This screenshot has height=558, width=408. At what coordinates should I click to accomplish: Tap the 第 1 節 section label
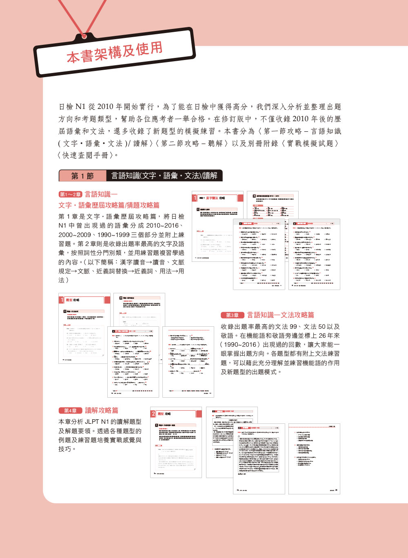82,176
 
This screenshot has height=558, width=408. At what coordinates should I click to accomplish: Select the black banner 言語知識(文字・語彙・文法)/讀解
164,176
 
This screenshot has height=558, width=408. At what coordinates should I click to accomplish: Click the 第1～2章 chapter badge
71,195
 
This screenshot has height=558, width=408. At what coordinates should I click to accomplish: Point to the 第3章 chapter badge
232,315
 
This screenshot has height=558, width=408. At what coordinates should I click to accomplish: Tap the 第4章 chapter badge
70,411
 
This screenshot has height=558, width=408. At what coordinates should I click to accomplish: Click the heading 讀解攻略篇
102,410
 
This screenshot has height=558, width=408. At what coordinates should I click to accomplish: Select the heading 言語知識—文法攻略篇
281,315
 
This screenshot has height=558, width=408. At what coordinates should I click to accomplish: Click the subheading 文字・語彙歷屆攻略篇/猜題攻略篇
109,205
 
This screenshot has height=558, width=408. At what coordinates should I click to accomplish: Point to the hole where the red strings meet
85,35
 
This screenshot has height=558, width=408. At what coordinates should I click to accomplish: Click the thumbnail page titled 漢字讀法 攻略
217,226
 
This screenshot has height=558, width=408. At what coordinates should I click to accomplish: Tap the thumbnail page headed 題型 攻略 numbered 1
84,328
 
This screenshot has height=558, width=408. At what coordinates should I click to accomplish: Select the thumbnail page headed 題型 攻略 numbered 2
176,442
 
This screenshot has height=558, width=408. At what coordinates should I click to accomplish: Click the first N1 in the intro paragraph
81,107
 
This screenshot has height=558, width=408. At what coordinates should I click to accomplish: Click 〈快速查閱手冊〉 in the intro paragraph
88,155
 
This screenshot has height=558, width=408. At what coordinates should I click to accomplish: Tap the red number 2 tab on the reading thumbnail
153,414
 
